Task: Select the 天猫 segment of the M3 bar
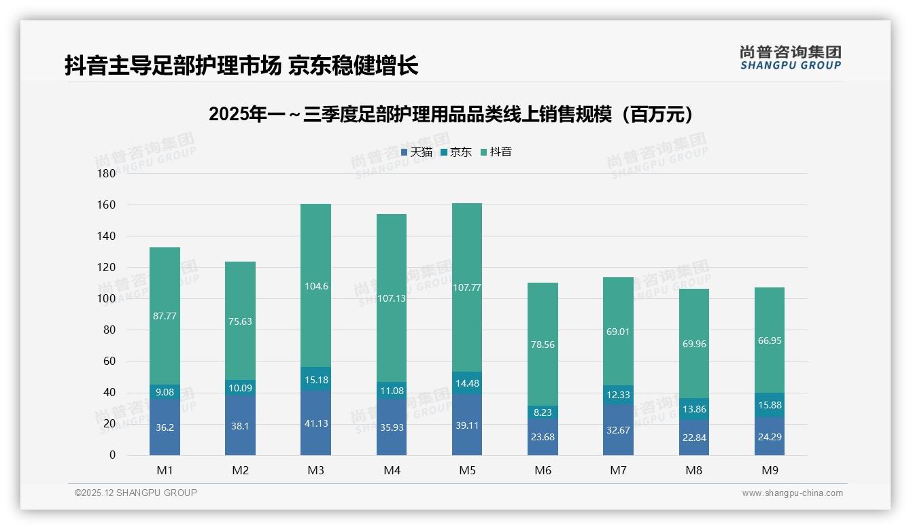click(315, 423)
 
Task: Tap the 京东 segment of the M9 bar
click(769, 405)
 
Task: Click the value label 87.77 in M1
click(165, 316)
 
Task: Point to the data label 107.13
click(391, 298)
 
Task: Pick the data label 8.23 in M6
click(543, 412)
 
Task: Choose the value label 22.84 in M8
click(693, 438)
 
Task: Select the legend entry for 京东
click(456, 152)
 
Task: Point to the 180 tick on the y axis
click(107, 173)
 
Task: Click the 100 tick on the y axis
click(107, 298)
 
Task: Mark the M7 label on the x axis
click(618, 470)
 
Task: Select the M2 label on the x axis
click(240, 470)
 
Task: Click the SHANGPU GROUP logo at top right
click(790, 57)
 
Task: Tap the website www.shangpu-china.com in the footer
click(792, 493)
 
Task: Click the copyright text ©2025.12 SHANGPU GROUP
click(136, 493)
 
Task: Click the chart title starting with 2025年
click(454, 114)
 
